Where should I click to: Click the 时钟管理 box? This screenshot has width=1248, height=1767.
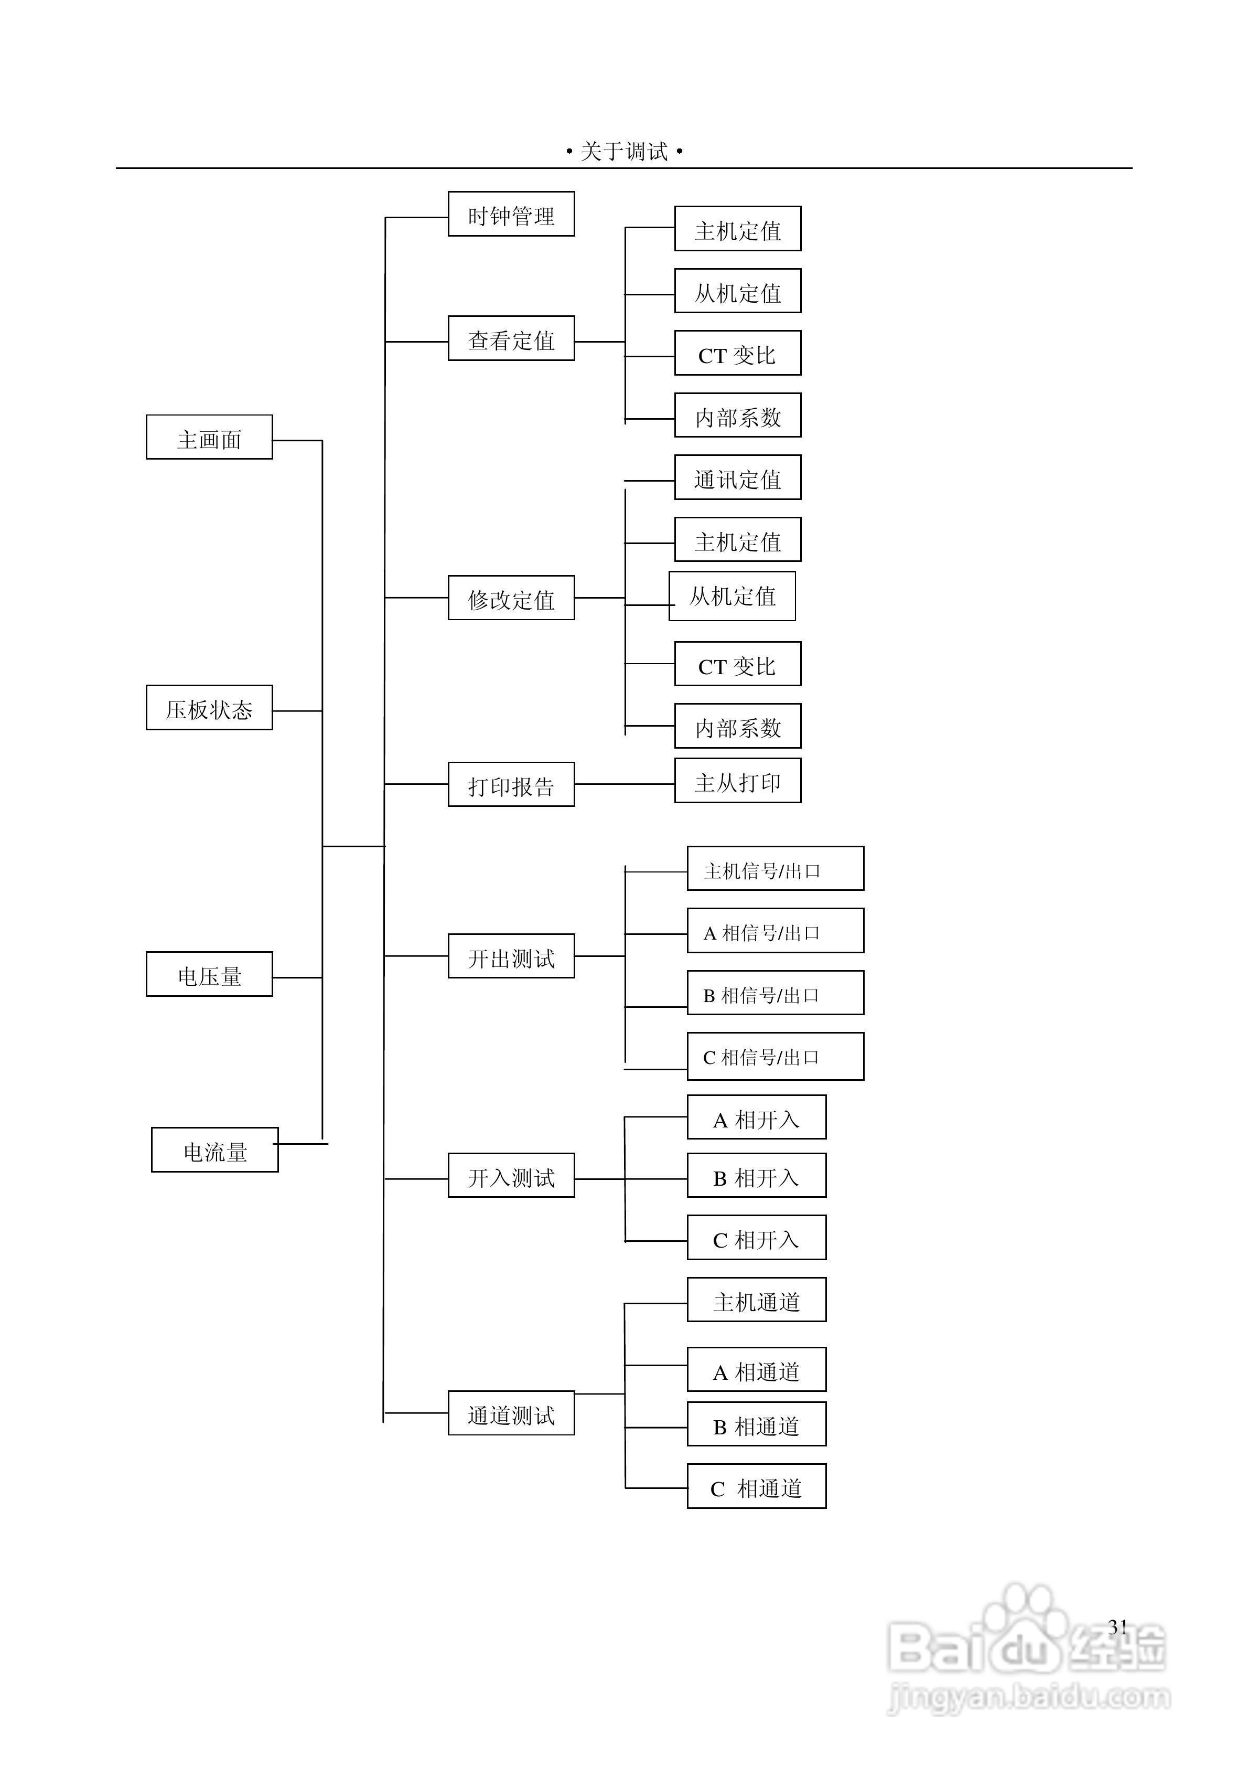pos(511,214)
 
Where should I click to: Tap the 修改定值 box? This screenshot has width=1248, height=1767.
pos(511,598)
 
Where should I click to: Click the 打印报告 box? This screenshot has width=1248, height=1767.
pos(511,784)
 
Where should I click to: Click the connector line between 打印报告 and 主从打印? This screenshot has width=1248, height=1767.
pos(624,784)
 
